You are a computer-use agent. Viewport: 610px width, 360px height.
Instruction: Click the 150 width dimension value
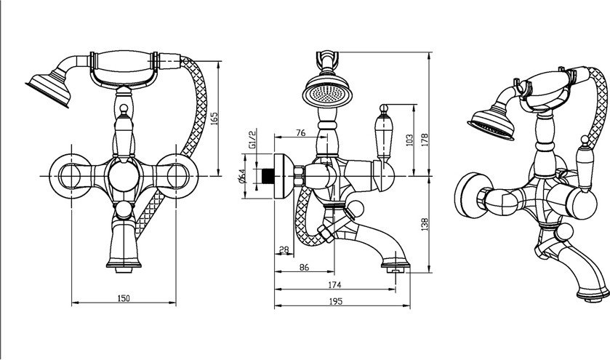[124, 298]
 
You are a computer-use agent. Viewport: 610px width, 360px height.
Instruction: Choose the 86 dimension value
[305, 268]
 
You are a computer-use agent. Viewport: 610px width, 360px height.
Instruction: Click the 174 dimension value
[334, 284]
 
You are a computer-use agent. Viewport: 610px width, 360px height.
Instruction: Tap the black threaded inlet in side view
[270, 176]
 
